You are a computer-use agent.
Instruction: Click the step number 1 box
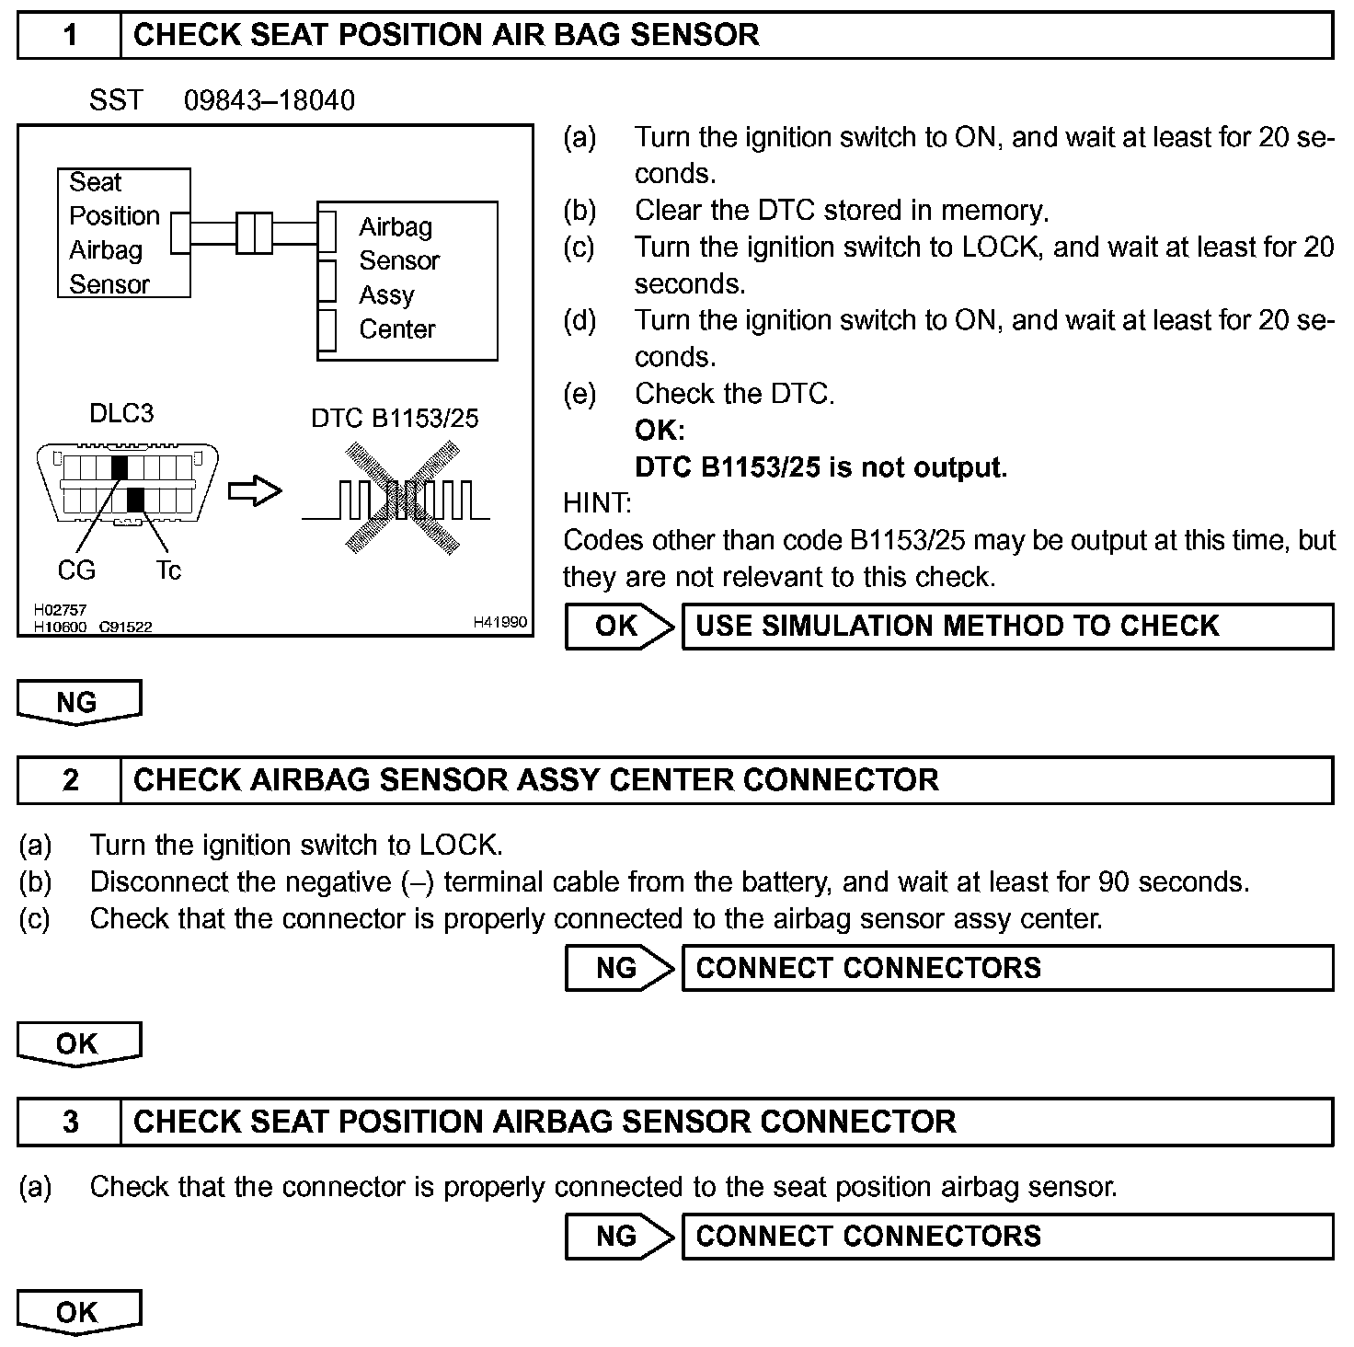tap(70, 36)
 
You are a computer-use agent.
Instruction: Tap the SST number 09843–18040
tap(269, 100)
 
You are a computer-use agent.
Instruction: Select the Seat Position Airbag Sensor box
tap(123, 233)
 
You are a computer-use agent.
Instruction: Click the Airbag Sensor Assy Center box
tap(407, 280)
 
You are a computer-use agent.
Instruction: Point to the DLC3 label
tap(121, 413)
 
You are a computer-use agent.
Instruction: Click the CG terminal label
tap(76, 570)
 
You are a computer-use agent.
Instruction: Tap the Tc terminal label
tap(168, 570)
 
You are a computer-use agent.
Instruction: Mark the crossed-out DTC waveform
tap(402, 500)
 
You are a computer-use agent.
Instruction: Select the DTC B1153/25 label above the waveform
tap(395, 419)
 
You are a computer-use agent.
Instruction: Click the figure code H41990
tap(500, 623)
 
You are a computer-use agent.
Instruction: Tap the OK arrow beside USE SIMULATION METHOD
tap(619, 627)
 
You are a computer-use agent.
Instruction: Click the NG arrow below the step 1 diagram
tap(78, 702)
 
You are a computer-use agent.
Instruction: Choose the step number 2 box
tap(70, 780)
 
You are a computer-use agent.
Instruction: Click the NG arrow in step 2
tap(619, 968)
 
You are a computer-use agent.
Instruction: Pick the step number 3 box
tap(70, 1122)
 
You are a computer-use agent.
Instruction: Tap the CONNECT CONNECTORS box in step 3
tap(1007, 1236)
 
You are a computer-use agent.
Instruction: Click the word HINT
tap(597, 503)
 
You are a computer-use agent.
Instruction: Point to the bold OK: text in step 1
tap(660, 430)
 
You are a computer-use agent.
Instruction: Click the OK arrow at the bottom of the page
tap(78, 1312)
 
